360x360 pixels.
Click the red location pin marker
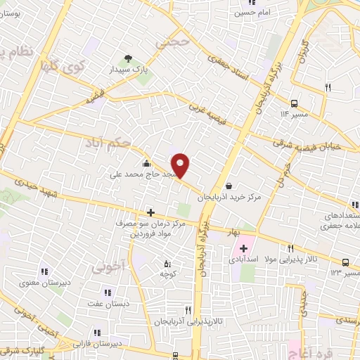(181, 165)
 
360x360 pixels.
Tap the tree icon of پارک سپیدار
(127, 60)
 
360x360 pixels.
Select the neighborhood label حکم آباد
(112, 143)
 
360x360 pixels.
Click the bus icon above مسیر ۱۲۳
(345, 262)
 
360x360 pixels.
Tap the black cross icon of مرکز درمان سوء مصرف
(150, 212)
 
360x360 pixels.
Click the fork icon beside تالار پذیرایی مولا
(290, 248)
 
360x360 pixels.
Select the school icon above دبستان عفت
(107, 292)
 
